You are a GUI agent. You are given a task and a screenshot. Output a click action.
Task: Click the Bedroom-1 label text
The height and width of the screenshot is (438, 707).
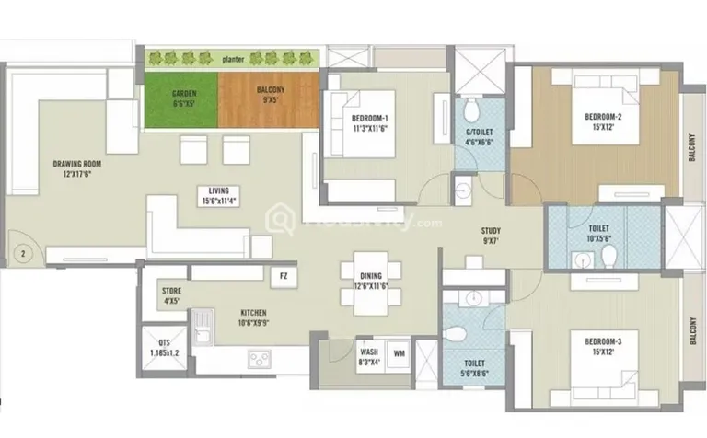[x=368, y=123]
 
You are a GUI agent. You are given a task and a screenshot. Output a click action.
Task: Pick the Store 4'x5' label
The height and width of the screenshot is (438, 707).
[x=171, y=295]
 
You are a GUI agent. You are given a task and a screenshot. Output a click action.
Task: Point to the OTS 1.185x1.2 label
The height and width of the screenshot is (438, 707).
[x=165, y=347]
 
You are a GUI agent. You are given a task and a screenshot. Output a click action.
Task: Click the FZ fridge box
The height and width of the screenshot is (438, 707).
[x=283, y=274]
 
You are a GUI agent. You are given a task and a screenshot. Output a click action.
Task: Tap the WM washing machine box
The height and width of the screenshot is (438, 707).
[x=400, y=352]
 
